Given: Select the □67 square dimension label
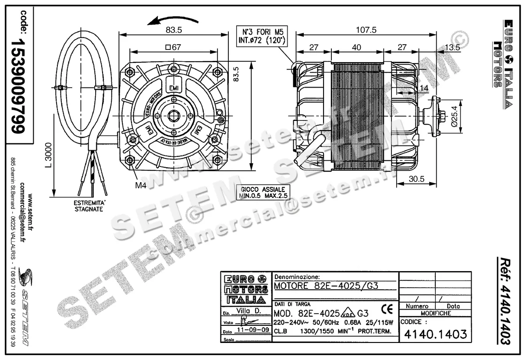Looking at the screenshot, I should [x=174, y=48].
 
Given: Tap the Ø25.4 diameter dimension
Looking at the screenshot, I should [x=455, y=116].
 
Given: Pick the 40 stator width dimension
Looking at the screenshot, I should [x=356, y=47].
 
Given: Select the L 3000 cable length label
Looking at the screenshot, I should [x=48, y=155].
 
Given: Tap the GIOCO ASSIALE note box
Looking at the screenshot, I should [x=263, y=193].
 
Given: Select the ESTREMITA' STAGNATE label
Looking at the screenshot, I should [x=88, y=206].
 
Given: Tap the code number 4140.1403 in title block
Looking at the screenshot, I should [x=435, y=335].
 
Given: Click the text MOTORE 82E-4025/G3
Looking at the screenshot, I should [x=326, y=286].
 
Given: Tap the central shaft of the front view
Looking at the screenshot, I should [x=174, y=116].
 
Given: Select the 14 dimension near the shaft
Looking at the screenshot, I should [x=423, y=89].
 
